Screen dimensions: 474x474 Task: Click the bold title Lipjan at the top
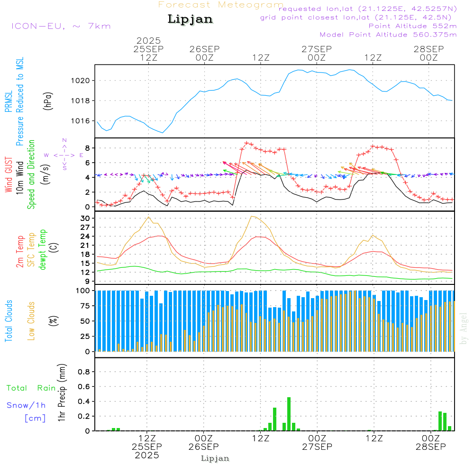190,19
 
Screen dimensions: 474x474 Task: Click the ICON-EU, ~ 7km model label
61,26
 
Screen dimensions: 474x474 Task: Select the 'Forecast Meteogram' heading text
221,5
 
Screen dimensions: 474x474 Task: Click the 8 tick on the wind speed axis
87,148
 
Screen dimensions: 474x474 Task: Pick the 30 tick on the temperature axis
85,219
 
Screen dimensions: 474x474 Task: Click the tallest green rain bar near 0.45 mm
289,414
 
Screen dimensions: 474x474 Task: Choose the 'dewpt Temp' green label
43,250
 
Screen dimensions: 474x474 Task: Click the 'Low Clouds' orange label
31,320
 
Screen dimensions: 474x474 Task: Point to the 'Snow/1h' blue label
27,406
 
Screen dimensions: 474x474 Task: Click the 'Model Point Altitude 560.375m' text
388,35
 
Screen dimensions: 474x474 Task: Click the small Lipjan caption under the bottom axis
215,458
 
